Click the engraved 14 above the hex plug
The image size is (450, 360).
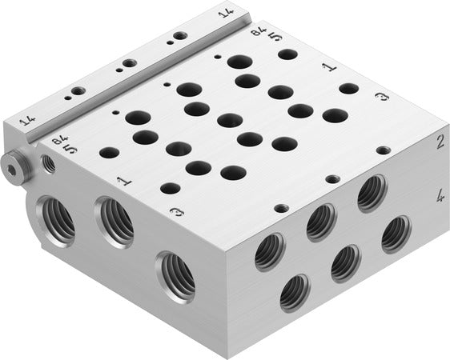(26, 122)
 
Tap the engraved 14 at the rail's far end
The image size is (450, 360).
(227, 11)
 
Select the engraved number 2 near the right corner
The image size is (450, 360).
(439, 142)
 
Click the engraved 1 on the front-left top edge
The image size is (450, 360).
(123, 181)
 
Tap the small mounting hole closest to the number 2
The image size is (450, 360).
(384, 150)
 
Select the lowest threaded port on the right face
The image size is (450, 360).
(295, 293)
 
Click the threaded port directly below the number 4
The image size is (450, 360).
(396, 234)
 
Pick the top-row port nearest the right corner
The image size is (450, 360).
(371, 193)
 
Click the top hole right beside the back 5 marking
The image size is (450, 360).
(288, 54)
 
